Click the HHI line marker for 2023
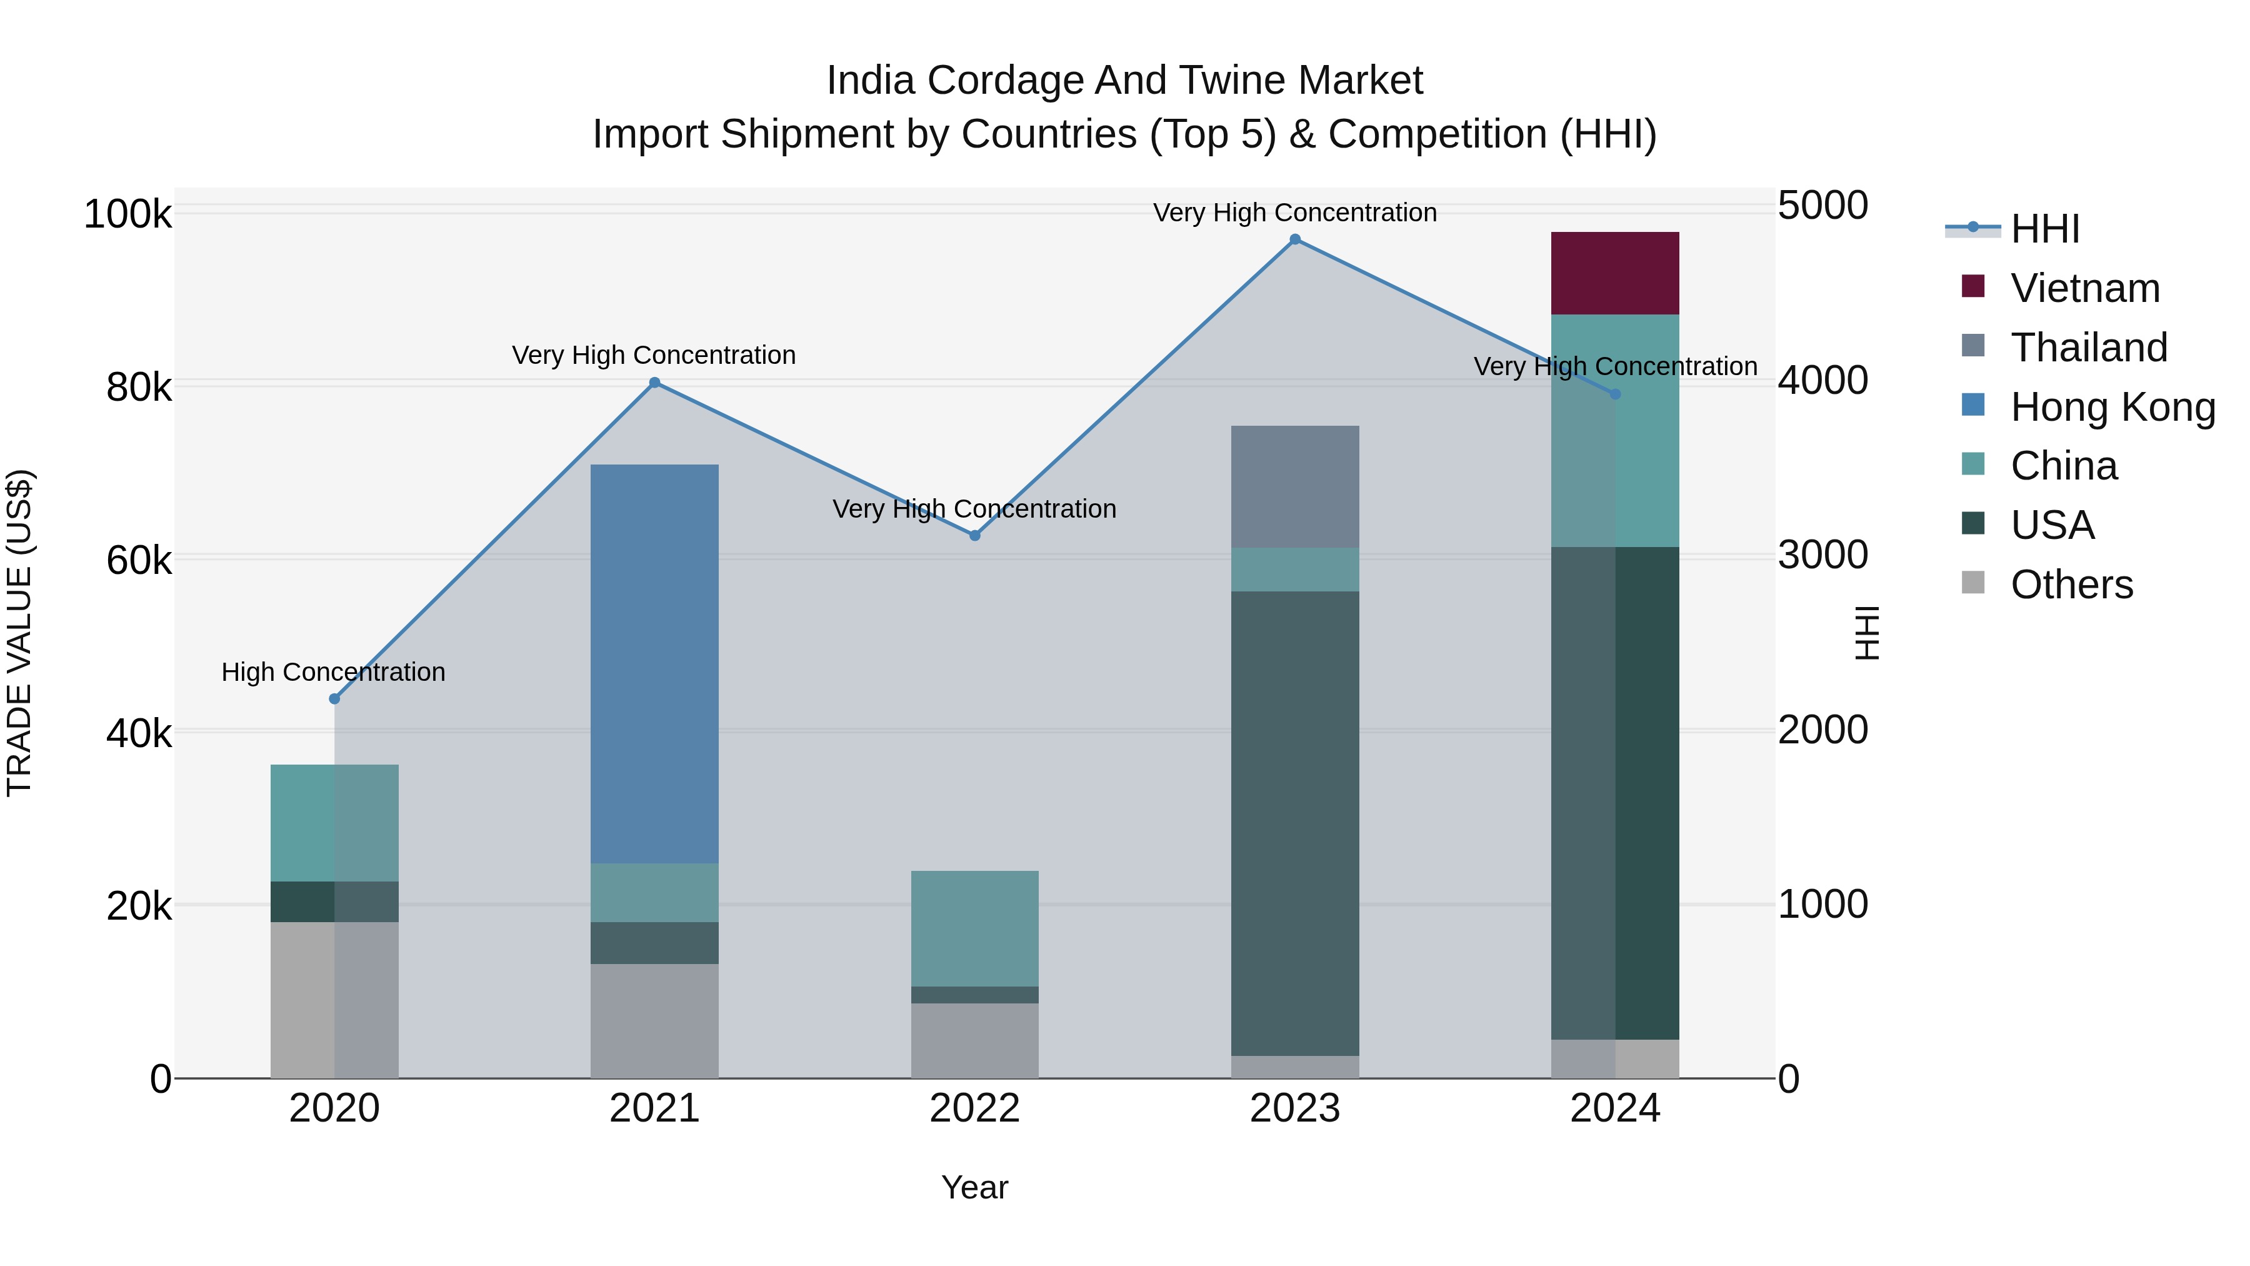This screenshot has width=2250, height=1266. (x=1294, y=239)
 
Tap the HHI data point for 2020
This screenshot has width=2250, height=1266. (x=334, y=699)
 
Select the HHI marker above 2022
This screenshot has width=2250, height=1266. (x=975, y=536)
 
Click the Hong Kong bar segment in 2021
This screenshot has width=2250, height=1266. (x=654, y=664)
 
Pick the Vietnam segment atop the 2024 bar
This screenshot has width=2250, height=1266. (x=1615, y=273)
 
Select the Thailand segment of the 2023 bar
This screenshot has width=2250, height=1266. (x=1294, y=486)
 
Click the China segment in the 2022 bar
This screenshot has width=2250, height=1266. (x=975, y=928)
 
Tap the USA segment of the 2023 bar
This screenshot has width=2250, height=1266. (x=1294, y=823)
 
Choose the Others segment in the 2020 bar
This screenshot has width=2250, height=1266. (x=334, y=1000)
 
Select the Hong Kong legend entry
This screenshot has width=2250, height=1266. (x=2112, y=407)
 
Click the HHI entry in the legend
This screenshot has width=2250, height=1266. (x=2044, y=229)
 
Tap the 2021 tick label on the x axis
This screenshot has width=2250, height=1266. (x=654, y=1108)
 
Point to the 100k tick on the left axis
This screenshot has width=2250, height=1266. (x=127, y=214)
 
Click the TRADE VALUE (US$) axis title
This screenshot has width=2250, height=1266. (x=19, y=633)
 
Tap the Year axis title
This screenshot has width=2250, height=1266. (x=975, y=1187)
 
